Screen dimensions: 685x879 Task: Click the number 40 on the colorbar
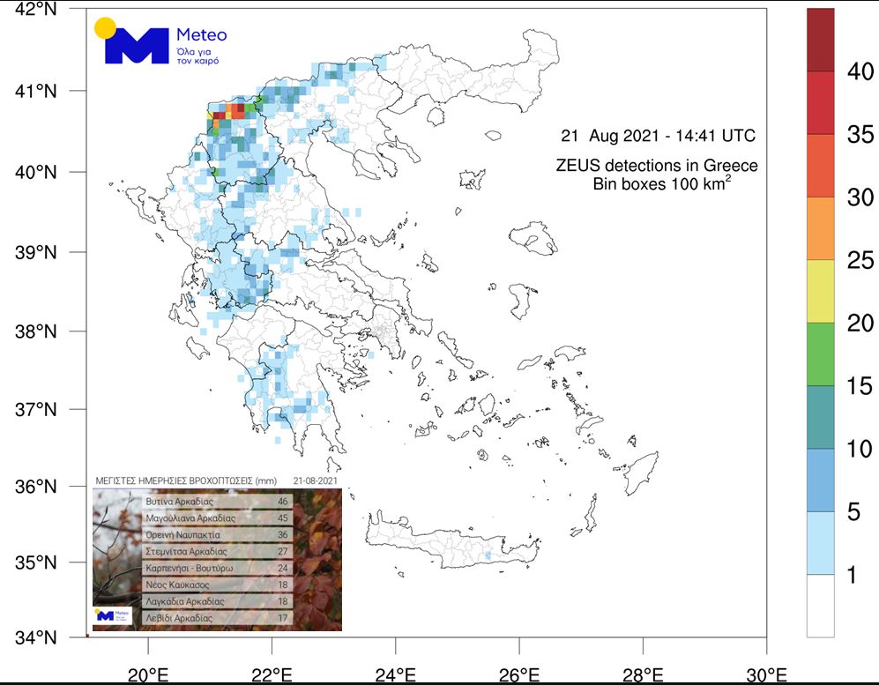(x=860, y=71)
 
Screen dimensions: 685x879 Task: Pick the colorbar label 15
(x=860, y=386)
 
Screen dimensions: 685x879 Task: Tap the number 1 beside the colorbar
(x=852, y=575)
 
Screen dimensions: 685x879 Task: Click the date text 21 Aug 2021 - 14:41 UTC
(x=659, y=137)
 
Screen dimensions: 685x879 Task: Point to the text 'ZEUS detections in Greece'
(x=657, y=166)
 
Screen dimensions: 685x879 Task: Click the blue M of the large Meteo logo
(x=136, y=46)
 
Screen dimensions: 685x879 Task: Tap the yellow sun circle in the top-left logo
(x=105, y=27)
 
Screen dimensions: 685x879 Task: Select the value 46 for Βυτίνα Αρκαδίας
(x=283, y=502)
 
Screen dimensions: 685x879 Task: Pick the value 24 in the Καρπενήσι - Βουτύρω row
(x=283, y=568)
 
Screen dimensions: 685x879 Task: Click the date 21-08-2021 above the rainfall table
(x=314, y=481)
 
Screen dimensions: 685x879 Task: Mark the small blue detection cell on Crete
(x=488, y=555)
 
